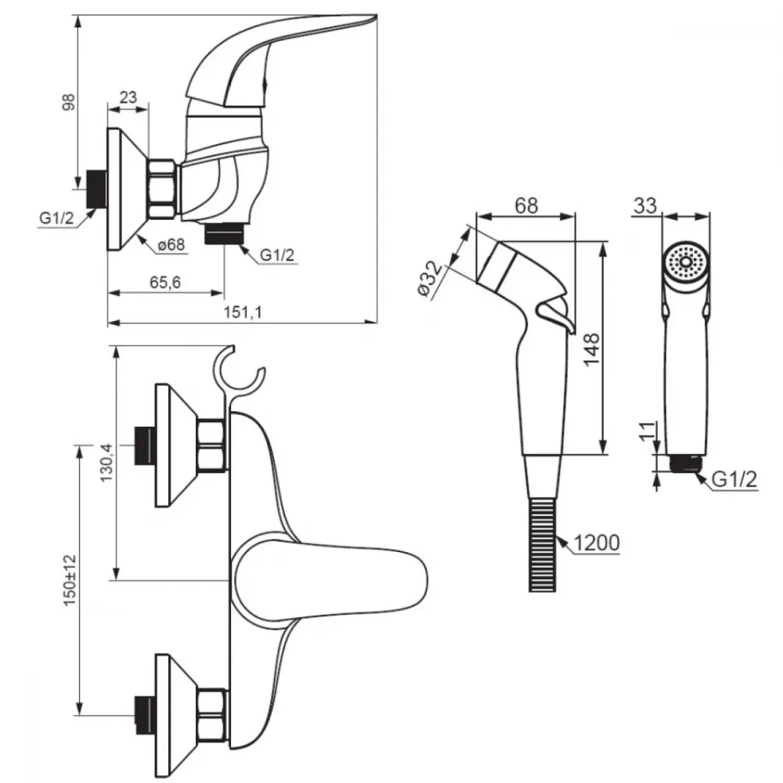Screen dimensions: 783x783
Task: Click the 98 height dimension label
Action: point(69,102)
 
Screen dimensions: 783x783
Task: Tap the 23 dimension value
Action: point(128,97)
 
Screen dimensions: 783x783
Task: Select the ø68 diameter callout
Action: point(171,244)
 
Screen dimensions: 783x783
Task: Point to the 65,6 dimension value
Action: point(165,283)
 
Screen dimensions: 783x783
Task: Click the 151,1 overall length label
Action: point(242,312)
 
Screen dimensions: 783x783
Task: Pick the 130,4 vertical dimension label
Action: point(106,463)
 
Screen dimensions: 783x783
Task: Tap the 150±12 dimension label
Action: point(70,580)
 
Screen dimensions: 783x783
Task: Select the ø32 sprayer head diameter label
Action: point(430,279)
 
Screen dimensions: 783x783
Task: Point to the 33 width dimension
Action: point(645,206)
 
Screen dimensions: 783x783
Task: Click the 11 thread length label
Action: point(648,431)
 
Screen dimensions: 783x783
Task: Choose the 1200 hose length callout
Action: point(596,543)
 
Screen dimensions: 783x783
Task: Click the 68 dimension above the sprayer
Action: point(526,206)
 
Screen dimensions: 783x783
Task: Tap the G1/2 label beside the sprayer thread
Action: point(734,480)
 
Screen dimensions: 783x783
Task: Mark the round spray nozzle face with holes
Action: point(686,262)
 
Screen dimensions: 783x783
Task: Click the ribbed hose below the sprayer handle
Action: point(543,544)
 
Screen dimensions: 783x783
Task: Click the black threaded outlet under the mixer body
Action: point(224,233)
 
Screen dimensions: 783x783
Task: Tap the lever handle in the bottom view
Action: point(330,579)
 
